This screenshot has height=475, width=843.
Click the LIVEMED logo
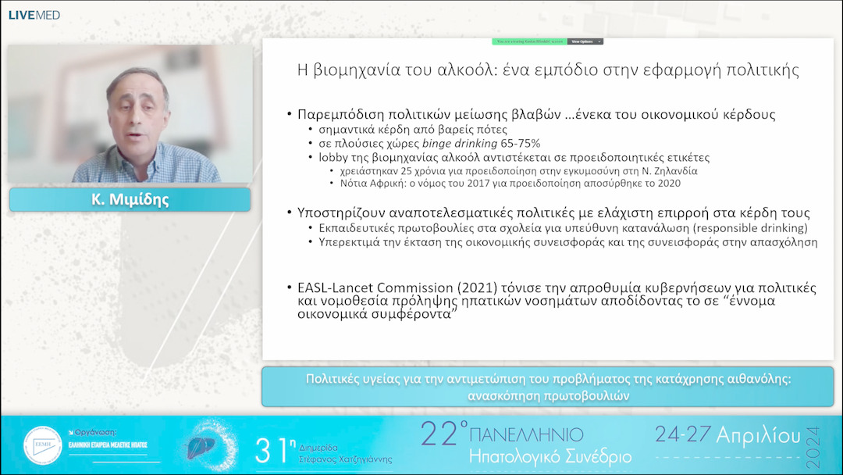click(x=34, y=15)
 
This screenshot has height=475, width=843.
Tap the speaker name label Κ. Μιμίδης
click(x=130, y=200)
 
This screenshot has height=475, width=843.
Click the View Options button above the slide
click(x=585, y=41)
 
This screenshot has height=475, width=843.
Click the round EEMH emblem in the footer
click(x=42, y=446)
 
